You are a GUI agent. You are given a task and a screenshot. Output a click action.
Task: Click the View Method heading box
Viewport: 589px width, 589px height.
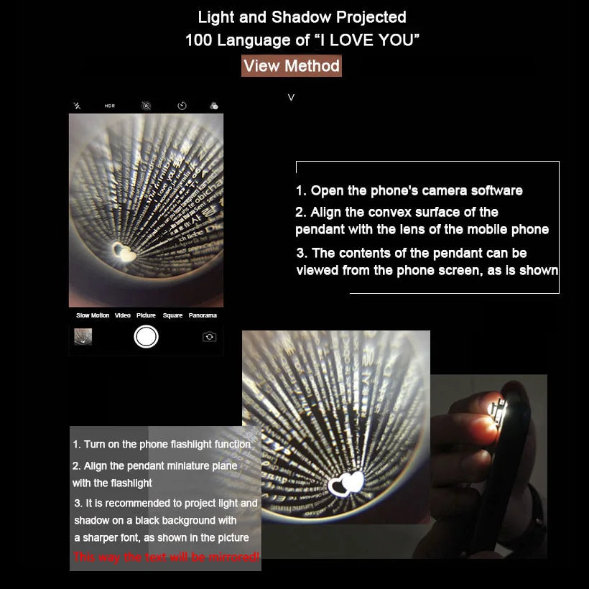(x=291, y=66)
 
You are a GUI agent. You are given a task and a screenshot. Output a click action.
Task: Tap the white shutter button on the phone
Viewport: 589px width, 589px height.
(x=146, y=336)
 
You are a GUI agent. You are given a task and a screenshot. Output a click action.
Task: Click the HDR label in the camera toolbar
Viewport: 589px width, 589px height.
(x=110, y=106)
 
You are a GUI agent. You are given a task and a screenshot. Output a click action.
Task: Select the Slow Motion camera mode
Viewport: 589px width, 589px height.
(x=93, y=315)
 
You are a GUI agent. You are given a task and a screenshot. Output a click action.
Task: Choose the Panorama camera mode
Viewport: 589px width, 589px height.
(x=203, y=315)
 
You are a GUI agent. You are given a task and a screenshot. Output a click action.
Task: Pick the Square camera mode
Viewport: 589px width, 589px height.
(x=172, y=315)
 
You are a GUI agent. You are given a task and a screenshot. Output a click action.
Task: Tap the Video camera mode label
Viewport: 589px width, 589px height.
(x=123, y=315)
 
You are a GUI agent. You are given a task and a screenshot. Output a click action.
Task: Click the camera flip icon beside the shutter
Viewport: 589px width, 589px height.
(x=209, y=336)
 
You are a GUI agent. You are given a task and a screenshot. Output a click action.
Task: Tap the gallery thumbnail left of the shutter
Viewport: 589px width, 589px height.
(x=83, y=336)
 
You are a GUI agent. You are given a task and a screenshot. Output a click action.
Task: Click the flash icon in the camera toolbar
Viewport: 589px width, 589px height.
(x=78, y=106)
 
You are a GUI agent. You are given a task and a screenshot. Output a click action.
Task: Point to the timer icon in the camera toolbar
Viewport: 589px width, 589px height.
(x=182, y=106)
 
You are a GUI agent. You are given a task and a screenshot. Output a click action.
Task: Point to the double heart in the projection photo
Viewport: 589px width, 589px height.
(x=347, y=483)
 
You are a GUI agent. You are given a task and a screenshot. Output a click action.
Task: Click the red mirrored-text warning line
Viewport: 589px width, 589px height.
(x=166, y=557)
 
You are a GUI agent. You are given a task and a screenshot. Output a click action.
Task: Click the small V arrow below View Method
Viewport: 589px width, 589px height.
(x=291, y=97)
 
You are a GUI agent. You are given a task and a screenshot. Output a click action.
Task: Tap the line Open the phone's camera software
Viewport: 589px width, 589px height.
(x=409, y=190)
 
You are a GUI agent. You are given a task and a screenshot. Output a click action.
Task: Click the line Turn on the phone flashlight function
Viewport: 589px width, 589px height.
(x=162, y=445)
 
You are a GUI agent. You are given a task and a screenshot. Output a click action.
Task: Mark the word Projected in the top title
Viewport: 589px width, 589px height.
(x=373, y=17)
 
